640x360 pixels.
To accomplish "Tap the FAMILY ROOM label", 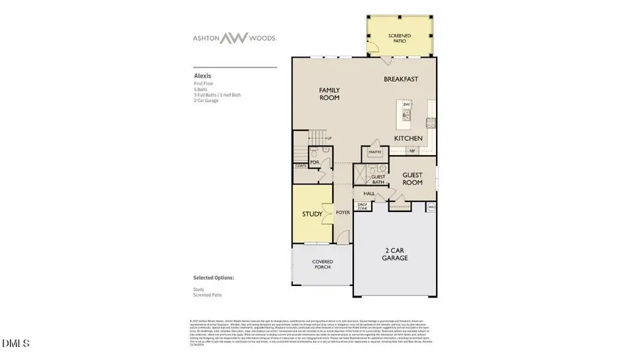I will pos(329,94).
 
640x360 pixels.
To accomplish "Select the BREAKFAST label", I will pos(400,79).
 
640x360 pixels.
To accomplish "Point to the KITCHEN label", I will pos(409,138).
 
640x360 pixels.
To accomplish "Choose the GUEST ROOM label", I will pos(412,179).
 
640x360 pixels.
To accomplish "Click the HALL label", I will pos(369,194).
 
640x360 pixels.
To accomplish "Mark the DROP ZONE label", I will pos(362,206).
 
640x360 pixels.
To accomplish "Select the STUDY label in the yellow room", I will pos(311,214).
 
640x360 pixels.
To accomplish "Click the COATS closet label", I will pos(301,167).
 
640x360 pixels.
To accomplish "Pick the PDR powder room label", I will pos(314,162).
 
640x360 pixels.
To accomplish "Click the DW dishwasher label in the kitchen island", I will pos(407,105).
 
